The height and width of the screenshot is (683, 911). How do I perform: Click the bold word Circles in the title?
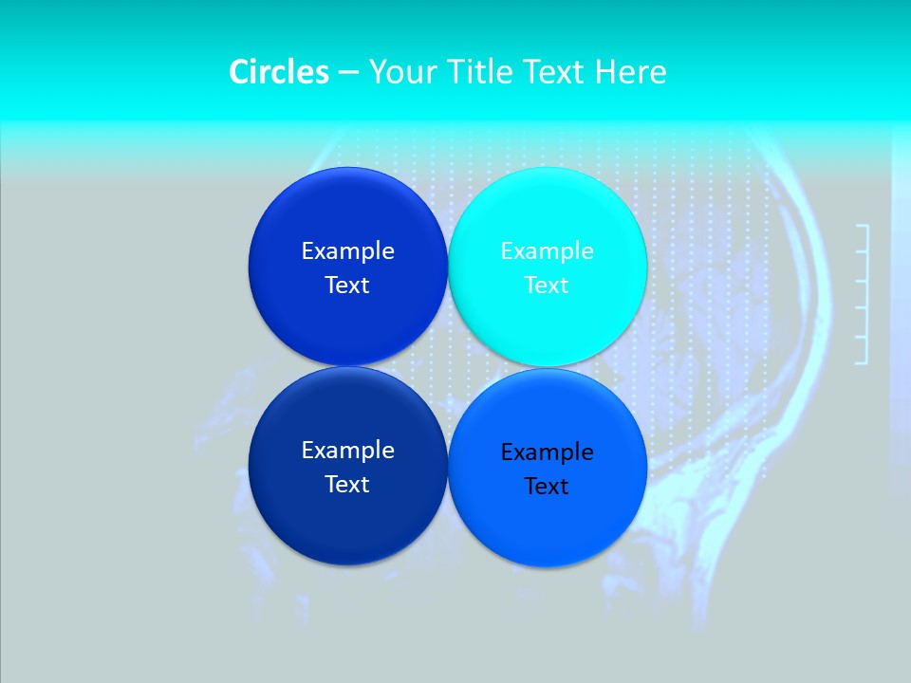(x=278, y=72)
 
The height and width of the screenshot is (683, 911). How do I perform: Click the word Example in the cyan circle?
(x=548, y=251)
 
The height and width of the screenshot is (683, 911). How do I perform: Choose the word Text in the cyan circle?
(x=547, y=286)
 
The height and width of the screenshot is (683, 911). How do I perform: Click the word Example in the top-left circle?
(x=347, y=251)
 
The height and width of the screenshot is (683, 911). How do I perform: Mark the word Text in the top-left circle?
(x=347, y=286)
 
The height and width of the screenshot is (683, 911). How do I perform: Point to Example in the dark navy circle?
(x=347, y=451)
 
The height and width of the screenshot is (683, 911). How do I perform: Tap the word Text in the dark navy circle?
(x=347, y=485)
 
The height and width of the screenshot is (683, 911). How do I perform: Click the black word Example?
(x=548, y=452)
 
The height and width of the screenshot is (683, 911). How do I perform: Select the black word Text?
(x=547, y=487)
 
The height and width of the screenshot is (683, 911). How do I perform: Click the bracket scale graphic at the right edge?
(x=863, y=294)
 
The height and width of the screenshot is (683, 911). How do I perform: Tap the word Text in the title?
(x=551, y=72)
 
